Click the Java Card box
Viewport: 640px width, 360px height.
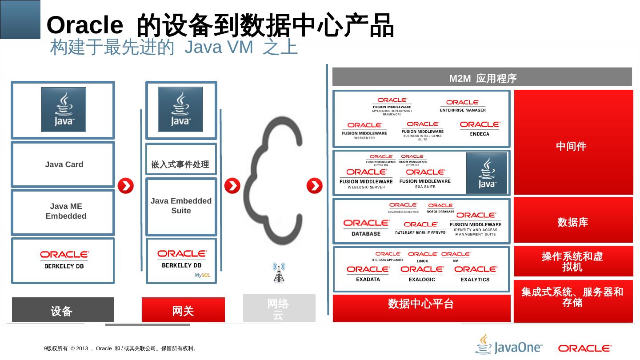coord(63,164)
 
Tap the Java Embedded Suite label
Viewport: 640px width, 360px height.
coord(181,206)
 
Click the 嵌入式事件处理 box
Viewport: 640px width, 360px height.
coord(180,165)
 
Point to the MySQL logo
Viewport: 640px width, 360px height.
coord(202,276)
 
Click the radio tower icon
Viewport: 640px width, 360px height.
coord(279,272)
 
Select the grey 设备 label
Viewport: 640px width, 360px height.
coord(63,310)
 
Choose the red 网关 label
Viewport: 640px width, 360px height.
coord(183,310)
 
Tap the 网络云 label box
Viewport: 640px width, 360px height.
coord(279,308)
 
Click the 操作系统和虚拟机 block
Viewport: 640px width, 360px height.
coord(573,261)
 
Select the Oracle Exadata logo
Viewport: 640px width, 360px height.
coord(368,273)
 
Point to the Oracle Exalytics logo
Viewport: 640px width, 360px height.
coord(475,273)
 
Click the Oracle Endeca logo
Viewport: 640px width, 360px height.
coord(480,128)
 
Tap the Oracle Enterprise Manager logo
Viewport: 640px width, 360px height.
coord(463,105)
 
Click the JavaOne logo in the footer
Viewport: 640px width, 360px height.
coord(509,345)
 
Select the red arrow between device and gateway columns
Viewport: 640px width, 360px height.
coord(126,186)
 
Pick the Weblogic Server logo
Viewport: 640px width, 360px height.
coord(366,178)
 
